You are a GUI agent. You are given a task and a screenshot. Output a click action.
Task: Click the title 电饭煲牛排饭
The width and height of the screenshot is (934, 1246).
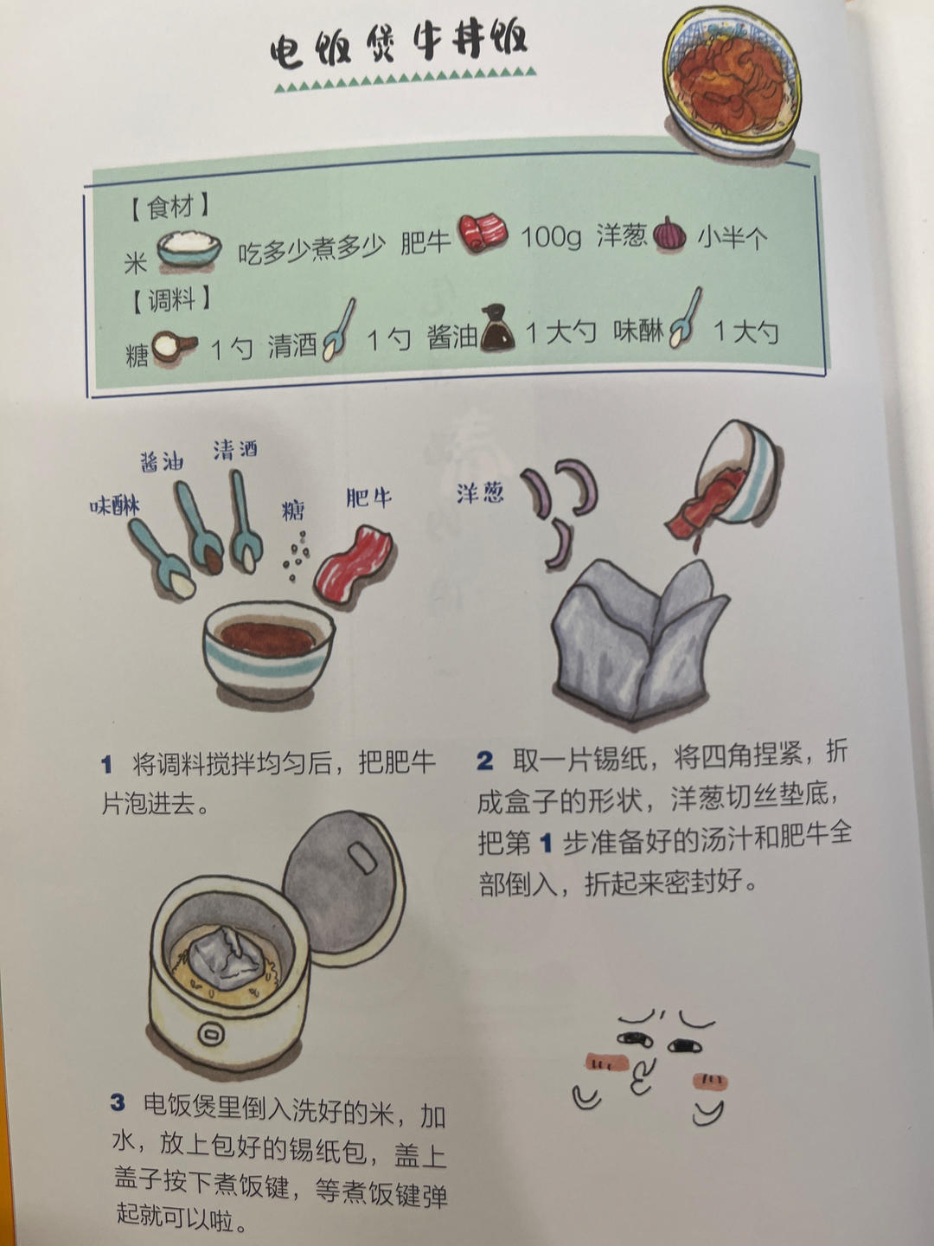[399, 44]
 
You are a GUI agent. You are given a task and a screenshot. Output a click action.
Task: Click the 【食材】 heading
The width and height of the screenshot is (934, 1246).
[170, 208]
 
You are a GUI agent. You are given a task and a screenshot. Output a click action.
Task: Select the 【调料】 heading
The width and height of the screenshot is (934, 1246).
[170, 300]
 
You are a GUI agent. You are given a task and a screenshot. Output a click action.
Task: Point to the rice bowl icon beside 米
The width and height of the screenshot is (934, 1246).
[188, 248]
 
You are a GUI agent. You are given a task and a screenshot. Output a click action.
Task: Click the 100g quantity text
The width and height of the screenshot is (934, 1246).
[550, 235]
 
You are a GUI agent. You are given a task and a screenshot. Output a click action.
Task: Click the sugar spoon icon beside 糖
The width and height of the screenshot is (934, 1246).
[174, 347]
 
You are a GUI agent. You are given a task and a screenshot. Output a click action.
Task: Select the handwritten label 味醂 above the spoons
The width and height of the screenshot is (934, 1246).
[115, 506]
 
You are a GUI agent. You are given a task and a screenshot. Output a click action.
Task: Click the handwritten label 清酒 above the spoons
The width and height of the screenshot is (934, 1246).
[235, 449]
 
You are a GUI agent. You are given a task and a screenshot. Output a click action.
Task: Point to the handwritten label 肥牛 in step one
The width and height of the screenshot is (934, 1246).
[368, 498]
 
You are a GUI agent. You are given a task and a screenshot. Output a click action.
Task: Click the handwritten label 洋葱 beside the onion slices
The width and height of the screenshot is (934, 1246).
[480, 493]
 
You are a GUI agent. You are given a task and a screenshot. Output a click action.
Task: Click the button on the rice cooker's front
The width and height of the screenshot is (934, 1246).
[210, 1033]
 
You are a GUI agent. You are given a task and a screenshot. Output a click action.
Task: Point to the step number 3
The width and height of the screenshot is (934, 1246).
[118, 1102]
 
